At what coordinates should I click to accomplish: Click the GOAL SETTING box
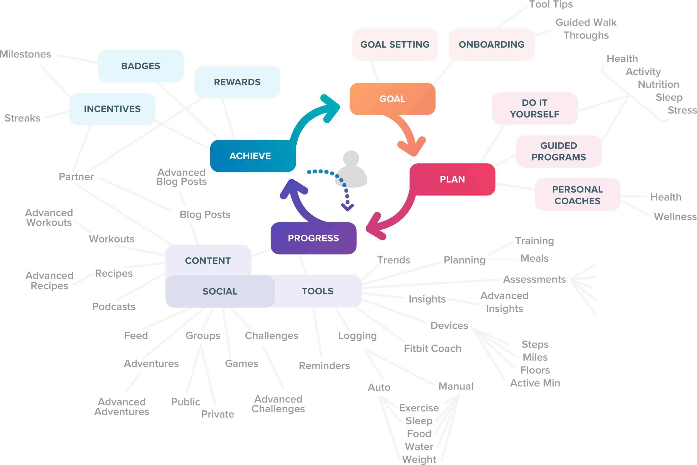[x=395, y=45]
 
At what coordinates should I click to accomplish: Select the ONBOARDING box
[x=491, y=45]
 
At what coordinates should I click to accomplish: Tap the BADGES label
[x=141, y=66]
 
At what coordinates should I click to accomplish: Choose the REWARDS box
[x=237, y=82]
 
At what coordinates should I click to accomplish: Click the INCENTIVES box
[x=112, y=109]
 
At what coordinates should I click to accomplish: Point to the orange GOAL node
[x=392, y=99]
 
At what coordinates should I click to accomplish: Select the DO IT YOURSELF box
[x=534, y=108]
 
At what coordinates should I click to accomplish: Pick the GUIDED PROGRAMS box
[x=558, y=152]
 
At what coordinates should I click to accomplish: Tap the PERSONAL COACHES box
[x=577, y=195]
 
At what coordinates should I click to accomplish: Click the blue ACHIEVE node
[x=250, y=156]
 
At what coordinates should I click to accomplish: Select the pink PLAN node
[x=452, y=180]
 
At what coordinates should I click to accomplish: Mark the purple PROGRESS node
[x=313, y=238]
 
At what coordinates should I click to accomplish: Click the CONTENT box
[x=208, y=261]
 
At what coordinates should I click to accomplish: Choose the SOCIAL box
[x=220, y=292]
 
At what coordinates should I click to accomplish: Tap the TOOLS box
[x=317, y=292]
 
